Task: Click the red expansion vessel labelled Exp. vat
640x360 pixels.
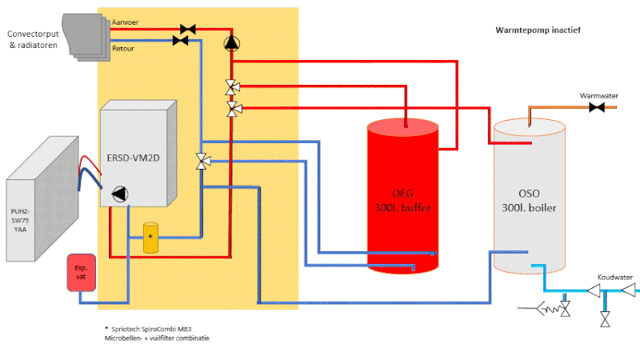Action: tap(81, 272)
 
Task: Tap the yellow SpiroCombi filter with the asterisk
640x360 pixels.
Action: tap(150, 238)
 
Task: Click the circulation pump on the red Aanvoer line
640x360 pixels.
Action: tap(231, 42)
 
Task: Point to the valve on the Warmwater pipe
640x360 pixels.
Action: tap(595, 107)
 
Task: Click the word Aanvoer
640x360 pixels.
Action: tap(126, 22)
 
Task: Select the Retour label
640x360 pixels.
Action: tap(123, 48)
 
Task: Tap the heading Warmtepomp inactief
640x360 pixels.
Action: tap(538, 30)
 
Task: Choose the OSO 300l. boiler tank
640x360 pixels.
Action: tap(525, 196)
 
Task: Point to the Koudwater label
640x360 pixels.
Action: tap(614, 278)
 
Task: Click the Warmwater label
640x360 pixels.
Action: tap(599, 95)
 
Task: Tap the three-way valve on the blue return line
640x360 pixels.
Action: tap(202, 162)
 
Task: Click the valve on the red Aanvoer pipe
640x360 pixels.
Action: tap(188, 30)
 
